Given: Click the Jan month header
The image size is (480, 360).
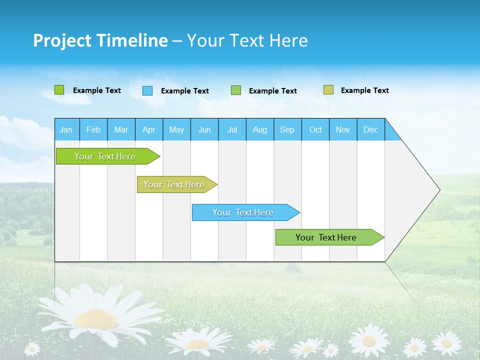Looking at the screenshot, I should (66, 129).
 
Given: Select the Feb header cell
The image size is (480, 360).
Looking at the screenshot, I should (93, 129).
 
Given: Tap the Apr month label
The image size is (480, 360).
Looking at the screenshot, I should (148, 129).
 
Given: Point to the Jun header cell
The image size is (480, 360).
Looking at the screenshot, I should (204, 129).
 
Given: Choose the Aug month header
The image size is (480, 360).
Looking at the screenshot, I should (260, 129).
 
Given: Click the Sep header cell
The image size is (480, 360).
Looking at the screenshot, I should (287, 129).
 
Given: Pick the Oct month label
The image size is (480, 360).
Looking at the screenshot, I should (315, 129).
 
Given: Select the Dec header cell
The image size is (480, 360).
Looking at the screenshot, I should (370, 129).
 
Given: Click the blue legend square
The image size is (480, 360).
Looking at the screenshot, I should (147, 90).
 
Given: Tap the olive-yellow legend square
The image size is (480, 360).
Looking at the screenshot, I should (328, 90).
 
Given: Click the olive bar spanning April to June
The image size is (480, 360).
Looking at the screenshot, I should (175, 184).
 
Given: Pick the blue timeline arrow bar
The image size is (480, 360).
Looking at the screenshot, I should (244, 212).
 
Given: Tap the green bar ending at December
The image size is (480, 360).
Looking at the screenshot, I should (327, 237).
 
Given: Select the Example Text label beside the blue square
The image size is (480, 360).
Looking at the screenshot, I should (185, 91).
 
